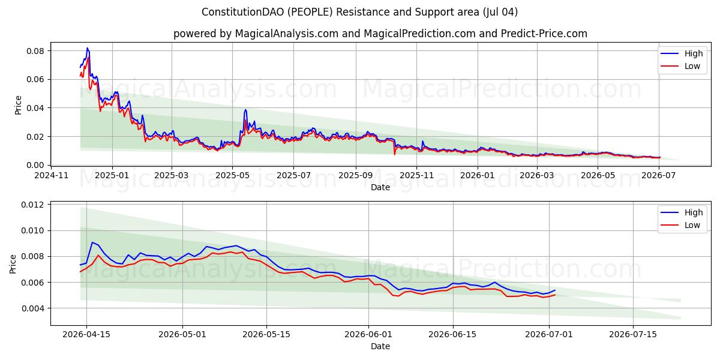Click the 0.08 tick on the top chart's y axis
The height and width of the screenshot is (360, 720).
(35, 51)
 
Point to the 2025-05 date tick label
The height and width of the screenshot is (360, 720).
(232, 175)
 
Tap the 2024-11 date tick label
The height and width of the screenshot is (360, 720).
(52, 175)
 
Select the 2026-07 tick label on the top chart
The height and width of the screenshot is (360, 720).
(659, 175)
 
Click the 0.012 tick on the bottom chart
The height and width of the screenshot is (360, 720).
(32, 205)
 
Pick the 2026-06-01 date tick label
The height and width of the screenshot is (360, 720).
(368, 335)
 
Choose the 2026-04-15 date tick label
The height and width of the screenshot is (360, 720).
(86, 335)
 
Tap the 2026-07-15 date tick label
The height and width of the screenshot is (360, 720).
(633, 335)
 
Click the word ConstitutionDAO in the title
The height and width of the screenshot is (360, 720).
(242, 12)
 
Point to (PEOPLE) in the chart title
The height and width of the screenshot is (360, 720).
(310, 12)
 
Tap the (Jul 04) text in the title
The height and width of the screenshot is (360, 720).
(500, 12)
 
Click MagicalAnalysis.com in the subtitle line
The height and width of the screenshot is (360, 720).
(287, 34)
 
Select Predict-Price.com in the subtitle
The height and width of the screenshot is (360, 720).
(544, 34)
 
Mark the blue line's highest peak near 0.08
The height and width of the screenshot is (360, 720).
(87, 48)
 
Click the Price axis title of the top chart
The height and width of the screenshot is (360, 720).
(18, 105)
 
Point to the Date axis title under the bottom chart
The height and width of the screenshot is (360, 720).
(380, 346)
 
